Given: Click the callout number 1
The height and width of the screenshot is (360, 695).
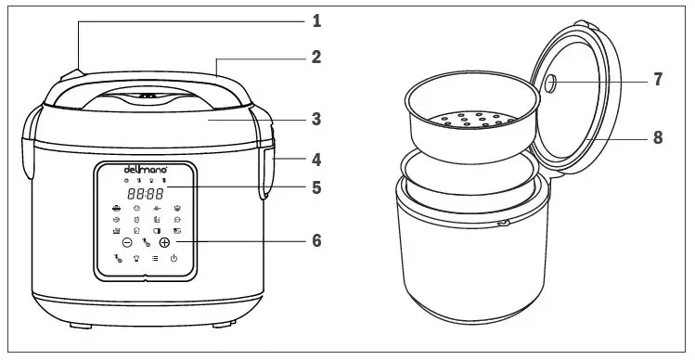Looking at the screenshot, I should (x=315, y=19).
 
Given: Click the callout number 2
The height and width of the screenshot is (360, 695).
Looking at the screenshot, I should (x=315, y=57).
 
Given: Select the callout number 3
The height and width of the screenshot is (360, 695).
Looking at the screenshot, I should (x=315, y=119).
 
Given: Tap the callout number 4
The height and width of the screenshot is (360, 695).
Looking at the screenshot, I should (x=315, y=158).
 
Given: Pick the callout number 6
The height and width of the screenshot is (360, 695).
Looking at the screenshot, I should (x=315, y=240).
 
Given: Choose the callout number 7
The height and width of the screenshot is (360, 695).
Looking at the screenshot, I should (x=657, y=80).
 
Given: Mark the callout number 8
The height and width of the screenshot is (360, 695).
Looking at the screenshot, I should (x=657, y=137).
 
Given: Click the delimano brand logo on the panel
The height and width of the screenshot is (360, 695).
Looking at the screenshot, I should (x=143, y=170).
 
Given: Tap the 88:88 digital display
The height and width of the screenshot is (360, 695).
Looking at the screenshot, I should (x=145, y=195).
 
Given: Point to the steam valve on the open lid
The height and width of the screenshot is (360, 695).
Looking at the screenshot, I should (x=551, y=83).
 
